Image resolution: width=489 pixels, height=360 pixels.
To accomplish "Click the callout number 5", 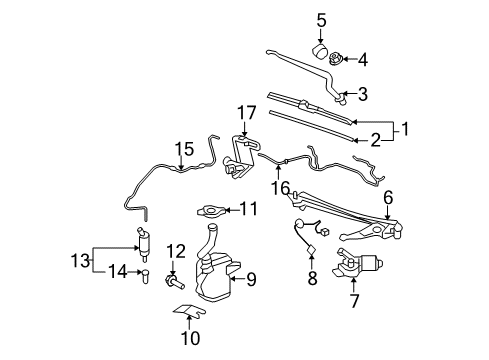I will (x=321, y=19).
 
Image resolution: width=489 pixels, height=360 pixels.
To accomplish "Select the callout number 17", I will (x=247, y=112).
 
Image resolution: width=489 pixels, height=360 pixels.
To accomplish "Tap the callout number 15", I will (x=181, y=149).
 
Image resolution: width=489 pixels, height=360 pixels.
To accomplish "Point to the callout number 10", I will (x=189, y=338).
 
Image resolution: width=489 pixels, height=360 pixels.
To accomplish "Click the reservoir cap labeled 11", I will (x=210, y=210).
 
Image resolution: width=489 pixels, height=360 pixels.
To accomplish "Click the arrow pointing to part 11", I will (x=228, y=209).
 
